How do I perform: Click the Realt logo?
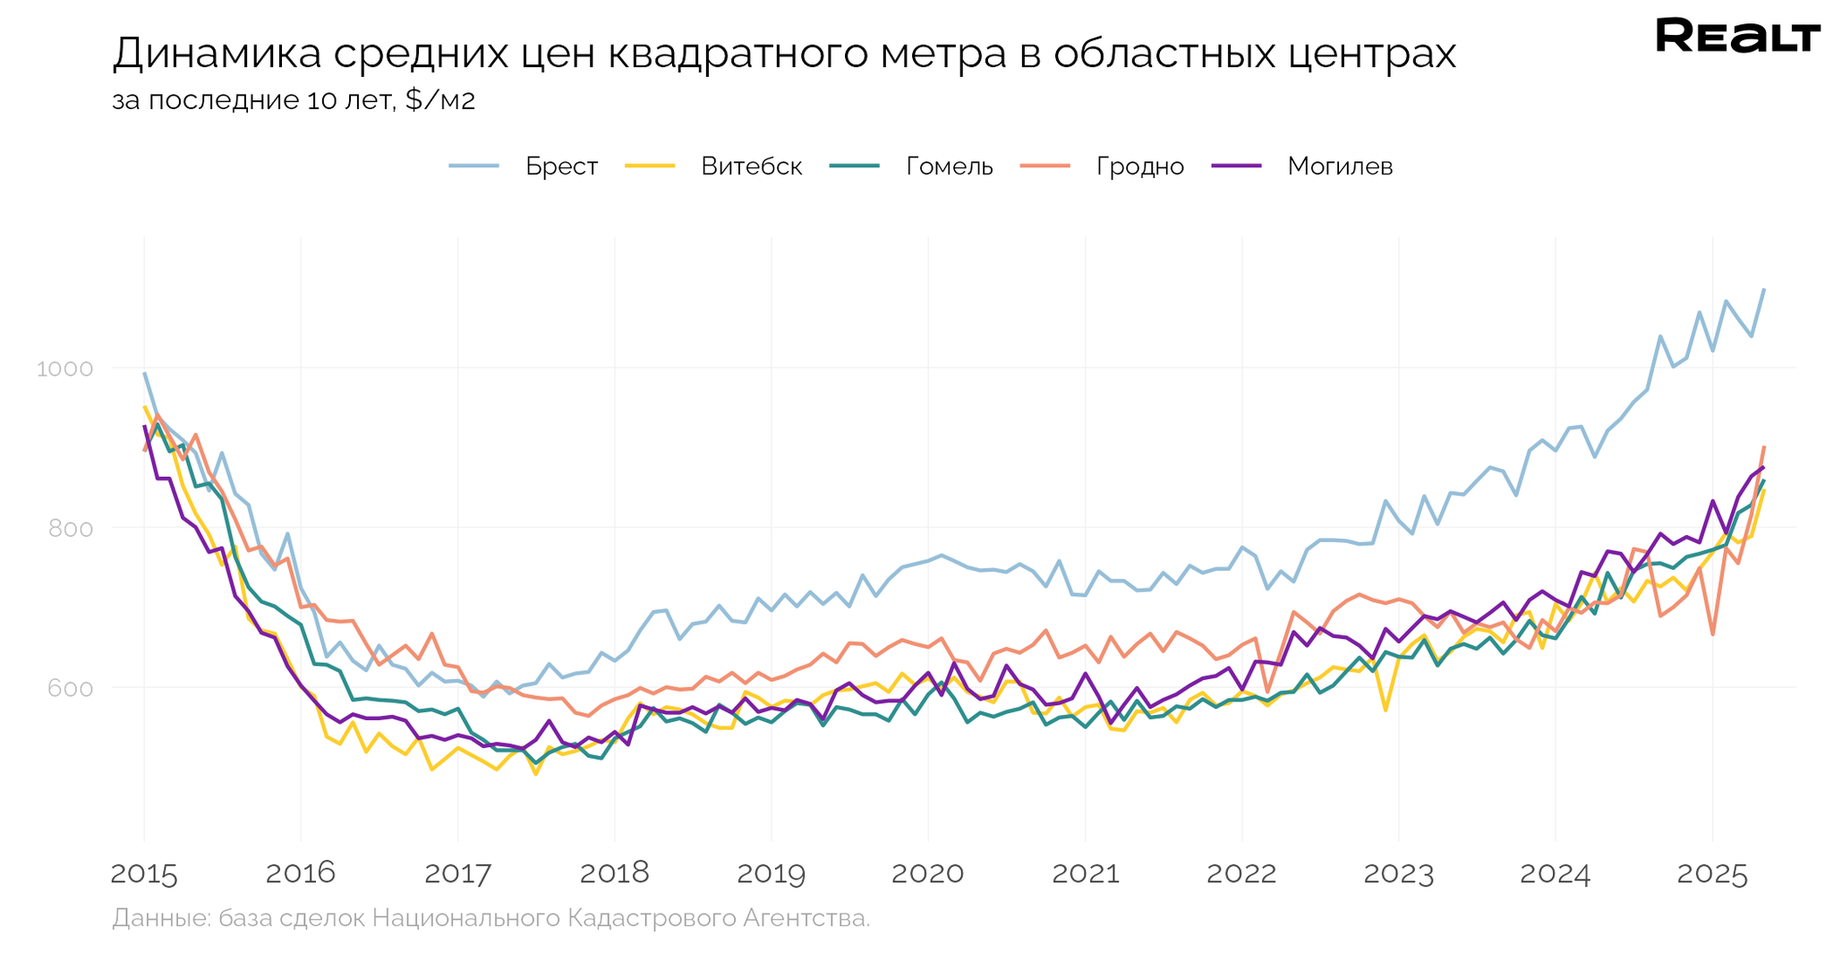[x=1737, y=37]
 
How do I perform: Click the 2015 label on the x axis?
[x=144, y=874]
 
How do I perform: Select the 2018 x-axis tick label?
[x=614, y=874]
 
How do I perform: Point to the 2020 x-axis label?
[x=927, y=874]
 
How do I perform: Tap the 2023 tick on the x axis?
[x=1398, y=874]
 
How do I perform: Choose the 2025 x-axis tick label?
[x=1711, y=874]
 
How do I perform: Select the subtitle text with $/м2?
[x=294, y=100]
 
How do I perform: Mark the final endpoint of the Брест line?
[x=1763, y=289]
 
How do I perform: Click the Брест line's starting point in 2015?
[x=144, y=373]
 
